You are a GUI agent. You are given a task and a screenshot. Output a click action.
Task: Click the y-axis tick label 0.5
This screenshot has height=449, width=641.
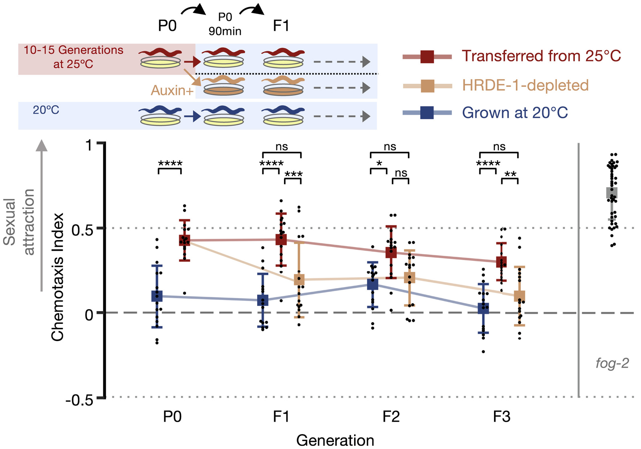[82, 230]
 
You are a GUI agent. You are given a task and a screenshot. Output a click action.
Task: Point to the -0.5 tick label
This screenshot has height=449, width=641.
[79, 400]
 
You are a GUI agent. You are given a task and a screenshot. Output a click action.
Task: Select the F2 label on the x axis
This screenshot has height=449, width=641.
[391, 417]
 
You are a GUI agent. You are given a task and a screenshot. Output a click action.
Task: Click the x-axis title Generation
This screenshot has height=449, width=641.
[335, 440]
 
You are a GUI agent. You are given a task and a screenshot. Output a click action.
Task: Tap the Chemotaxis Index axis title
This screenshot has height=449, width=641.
[58, 277]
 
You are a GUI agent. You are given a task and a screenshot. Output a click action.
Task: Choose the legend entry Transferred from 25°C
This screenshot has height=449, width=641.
[541, 56]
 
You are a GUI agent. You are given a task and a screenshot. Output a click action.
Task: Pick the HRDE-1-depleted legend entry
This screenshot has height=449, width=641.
[525, 85]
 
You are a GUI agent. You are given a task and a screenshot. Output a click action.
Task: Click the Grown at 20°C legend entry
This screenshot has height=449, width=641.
[515, 113]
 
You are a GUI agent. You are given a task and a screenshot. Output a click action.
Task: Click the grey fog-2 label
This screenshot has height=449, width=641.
[612, 363]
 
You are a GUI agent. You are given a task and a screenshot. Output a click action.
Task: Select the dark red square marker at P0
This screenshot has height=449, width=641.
[184, 241]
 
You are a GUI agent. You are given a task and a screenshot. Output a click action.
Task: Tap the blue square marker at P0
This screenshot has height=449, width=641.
[157, 296]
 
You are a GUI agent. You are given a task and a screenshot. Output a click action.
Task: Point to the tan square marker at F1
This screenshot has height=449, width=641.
[299, 279]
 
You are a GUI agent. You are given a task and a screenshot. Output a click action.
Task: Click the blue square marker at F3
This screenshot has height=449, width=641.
[484, 308]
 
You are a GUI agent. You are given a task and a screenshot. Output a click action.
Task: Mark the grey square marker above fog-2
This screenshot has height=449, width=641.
[612, 193]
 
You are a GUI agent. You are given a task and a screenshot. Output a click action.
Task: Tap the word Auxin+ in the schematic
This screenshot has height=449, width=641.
[172, 91]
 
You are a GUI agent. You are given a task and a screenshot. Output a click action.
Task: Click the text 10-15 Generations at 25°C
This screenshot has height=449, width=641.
[73, 57]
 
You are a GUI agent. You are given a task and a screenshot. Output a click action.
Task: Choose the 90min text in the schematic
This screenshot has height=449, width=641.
[225, 31]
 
